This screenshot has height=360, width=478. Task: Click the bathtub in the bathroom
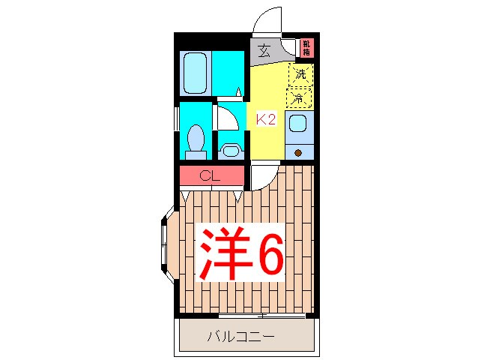196,72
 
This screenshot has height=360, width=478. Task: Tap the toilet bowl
196,139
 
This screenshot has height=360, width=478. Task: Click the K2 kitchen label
267,118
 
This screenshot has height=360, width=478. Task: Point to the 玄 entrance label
264,52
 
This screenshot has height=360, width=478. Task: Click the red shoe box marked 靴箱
306,48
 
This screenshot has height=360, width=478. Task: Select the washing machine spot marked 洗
300,73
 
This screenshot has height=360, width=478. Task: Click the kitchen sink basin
298,124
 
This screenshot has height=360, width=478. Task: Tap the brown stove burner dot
299,153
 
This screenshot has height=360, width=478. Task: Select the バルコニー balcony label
240,337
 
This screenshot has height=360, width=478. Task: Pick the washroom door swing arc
227,116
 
